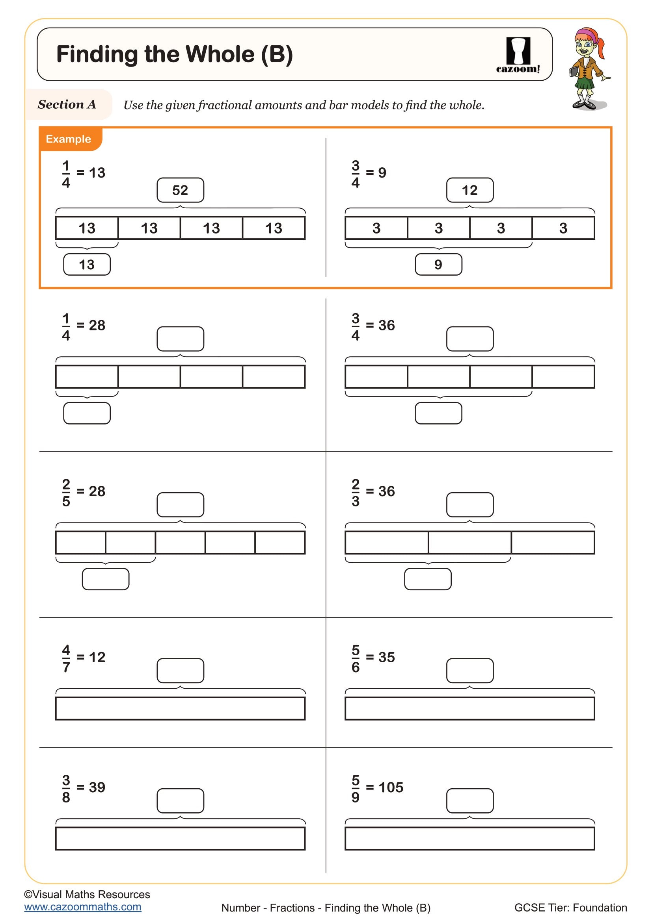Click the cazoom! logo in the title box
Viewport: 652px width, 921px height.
click(x=518, y=56)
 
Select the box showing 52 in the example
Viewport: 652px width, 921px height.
click(x=180, y=190)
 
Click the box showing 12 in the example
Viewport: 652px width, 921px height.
click(x=470, y=190)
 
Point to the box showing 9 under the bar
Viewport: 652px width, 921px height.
click(x=438, y=264)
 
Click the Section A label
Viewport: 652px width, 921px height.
click(x=67, y=105)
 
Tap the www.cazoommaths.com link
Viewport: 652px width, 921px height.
click(x=83, y=907)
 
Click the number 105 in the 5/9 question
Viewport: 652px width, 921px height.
click(x=391, y=788)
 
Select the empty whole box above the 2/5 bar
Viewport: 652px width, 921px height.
click(x=180, y=505)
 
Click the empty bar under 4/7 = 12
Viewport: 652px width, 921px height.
click(x=180, y=708)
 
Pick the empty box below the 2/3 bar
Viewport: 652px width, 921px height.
click(x=428, y=579)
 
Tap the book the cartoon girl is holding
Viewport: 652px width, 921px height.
click(x=573, y=71)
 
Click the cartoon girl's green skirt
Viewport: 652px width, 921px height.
click(x=584, y=83)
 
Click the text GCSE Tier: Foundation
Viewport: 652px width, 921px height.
click(x=570, y=907)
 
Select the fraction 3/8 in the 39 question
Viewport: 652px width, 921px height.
click(x=66, y=789)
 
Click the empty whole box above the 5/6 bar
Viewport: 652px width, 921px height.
click(x=470, y=670)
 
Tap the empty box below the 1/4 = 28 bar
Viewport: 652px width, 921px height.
click(x=87, y=413)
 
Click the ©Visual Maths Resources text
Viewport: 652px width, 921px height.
click(x=87, y=894)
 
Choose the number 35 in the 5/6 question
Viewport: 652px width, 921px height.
click(x=387, y=657)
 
